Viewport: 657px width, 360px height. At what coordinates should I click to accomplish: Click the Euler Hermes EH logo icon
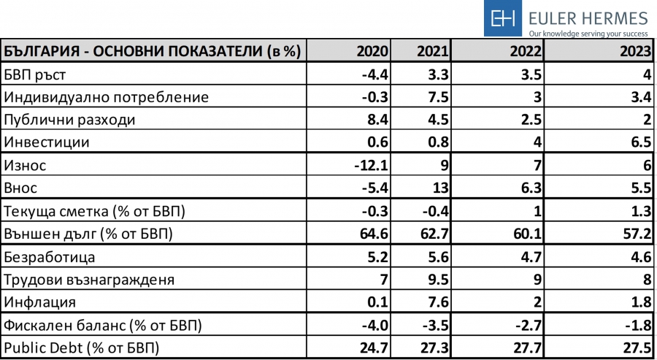pos(503,18)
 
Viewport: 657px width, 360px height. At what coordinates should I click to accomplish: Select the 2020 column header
pos(372,52)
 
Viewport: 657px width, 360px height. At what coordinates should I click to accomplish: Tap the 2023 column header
pos(633,52)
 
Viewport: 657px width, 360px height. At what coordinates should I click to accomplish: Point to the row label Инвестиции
pos(47,142)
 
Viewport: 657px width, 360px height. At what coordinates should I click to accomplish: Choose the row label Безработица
pos(50,257)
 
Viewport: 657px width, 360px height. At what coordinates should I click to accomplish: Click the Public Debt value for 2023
pos(633,348)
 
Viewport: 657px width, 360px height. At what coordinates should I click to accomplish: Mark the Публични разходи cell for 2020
pos(377,120)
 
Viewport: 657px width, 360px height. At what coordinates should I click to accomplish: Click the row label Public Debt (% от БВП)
pos(82,348)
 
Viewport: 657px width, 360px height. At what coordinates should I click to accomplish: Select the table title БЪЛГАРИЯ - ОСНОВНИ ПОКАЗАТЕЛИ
pos(131,52)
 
